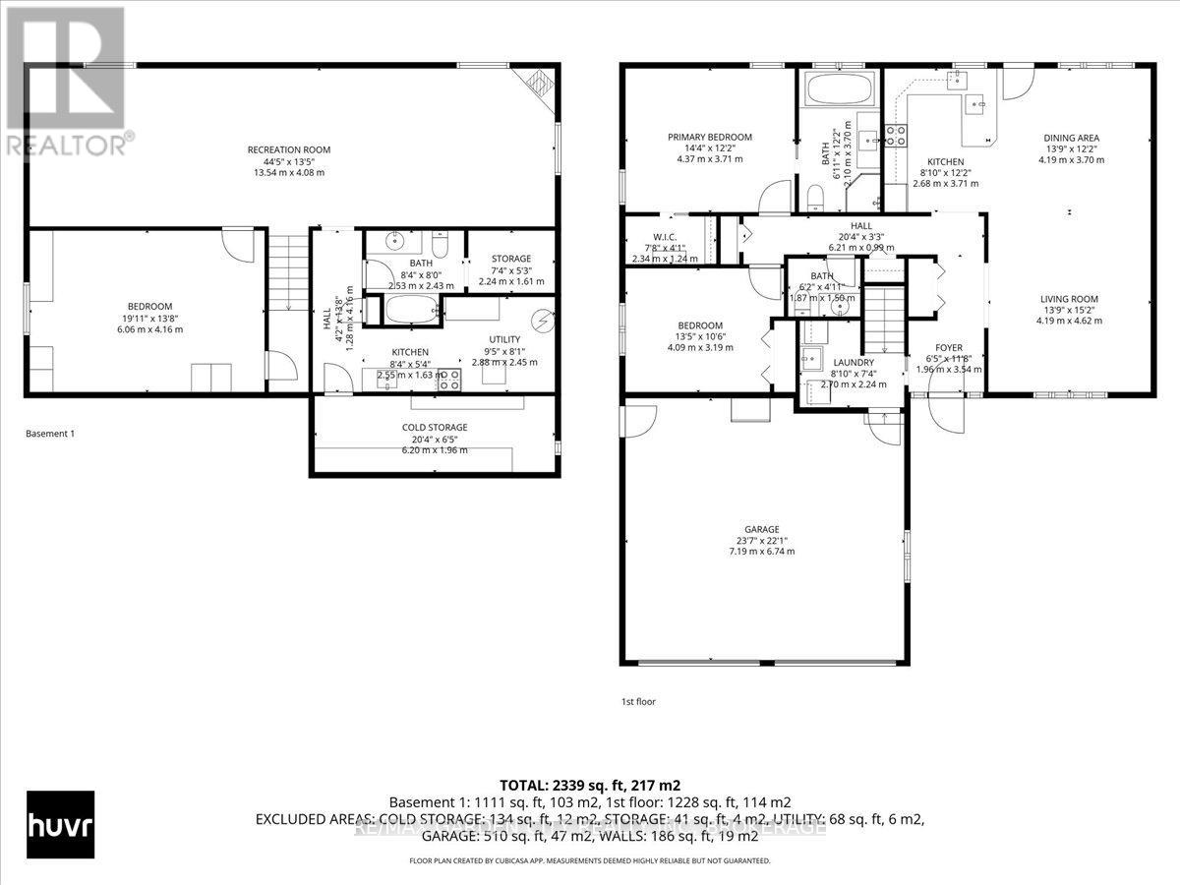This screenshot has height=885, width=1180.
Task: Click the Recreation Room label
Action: (x=288, y=149)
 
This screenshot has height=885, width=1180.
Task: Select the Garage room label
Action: (x=761, y=528)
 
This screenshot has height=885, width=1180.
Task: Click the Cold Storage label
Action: (x=434, y=427)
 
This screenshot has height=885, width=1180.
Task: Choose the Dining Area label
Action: (x=1071, y=138)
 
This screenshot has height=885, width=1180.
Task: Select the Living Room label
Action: (x=1071, y=299)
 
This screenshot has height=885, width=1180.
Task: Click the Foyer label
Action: (x=948, y=347)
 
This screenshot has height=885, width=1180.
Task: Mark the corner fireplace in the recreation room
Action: (x=538, y=83)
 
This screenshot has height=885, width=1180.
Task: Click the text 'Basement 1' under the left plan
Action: (x=49, y=434)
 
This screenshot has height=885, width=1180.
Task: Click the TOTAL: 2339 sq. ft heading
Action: (x=590, y=785)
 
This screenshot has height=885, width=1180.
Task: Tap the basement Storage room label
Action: (x=510, y=259)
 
